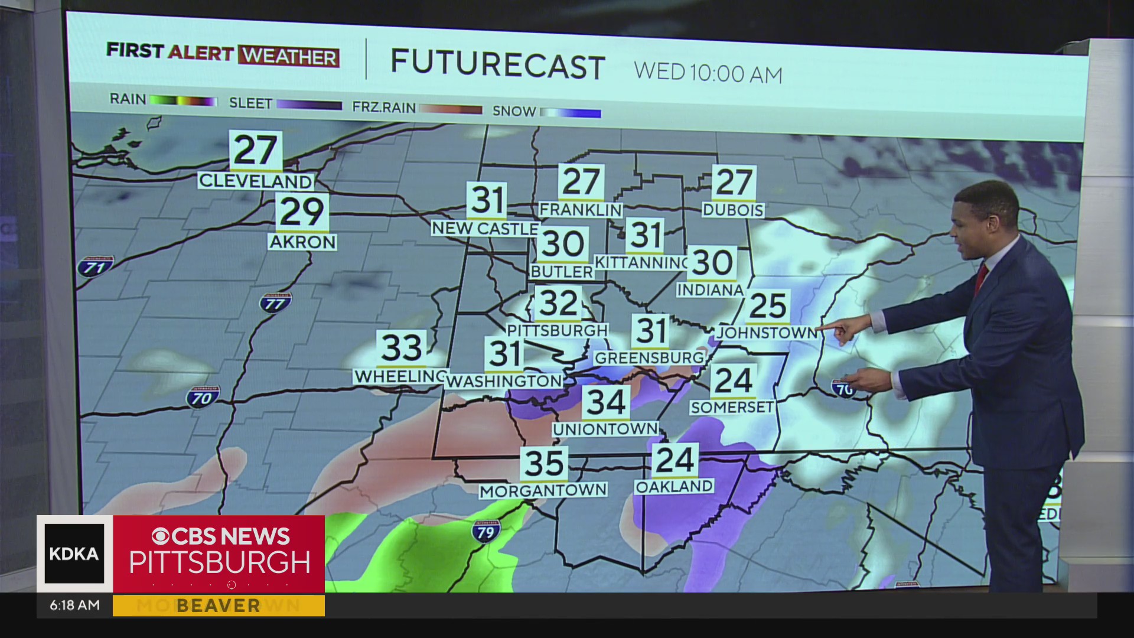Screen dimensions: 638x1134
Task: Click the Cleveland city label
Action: click(255, 181)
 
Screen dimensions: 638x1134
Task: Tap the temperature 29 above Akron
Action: click(302, 212)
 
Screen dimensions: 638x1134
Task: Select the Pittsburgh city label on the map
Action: click(557, 330)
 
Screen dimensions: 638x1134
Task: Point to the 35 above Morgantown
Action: click(544, 464)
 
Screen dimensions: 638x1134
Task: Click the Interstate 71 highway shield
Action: click(95, 266)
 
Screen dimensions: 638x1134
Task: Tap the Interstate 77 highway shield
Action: click(275, 303)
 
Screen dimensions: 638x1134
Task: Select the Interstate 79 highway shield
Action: click(485, 532)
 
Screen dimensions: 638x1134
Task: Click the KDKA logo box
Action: click(74, 554)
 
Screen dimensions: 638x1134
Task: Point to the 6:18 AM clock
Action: click(74, 606)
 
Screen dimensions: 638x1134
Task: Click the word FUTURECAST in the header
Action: click(498, 65)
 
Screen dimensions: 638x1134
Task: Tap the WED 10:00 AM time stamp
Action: click(708, 73)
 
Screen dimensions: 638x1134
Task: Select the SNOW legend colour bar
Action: click(571, 113)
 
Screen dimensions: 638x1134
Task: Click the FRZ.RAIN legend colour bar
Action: click(451, 109)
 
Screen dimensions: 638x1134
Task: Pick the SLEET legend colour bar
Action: click(309, 105)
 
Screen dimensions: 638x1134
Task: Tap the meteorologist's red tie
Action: click(980, 278)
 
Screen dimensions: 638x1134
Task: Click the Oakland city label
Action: click(674, 487)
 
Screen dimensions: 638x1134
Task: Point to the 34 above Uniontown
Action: click(606, 403)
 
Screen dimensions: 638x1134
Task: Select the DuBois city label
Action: click(733, 210)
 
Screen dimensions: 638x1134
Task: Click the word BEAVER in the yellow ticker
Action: click(218, 606)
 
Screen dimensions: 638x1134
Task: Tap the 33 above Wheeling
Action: click(402, 348)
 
